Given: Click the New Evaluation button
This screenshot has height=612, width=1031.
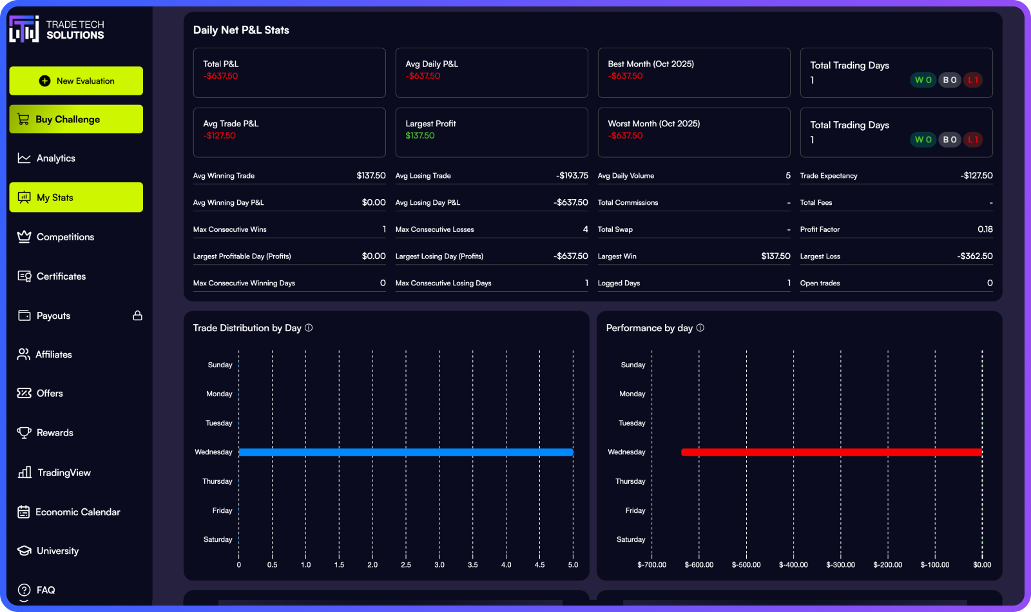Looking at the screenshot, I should (x=76, y=81).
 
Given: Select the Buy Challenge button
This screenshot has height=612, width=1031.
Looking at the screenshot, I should (x=76, y=119).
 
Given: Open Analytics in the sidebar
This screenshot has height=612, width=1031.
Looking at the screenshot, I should (x=55, y=158).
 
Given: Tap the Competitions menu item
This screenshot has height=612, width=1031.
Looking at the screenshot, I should (x=65, y=237).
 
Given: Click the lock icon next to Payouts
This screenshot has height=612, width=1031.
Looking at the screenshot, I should (x=137, y=316).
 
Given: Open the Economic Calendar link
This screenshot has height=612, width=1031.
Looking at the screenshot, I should (x=77, y=512).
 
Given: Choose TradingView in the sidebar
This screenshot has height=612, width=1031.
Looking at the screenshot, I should (x=64, y=473).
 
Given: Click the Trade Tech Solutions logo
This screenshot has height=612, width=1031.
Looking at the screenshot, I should (x=57, y=30).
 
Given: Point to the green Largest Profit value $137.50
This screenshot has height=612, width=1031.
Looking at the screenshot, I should (x=420, y=136).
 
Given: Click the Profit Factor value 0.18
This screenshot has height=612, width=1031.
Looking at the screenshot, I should (x=985, y=229).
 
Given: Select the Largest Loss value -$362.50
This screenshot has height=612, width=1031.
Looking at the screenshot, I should (x=974, y=256).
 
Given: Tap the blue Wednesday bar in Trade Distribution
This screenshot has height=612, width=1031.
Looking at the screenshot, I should (x=406, y=452).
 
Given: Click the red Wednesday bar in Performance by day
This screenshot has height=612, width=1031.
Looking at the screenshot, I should (x=831, y=452).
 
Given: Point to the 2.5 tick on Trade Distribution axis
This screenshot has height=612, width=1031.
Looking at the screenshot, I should (x=406, y=565).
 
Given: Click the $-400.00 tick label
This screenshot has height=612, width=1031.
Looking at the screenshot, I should (x=793, y=565).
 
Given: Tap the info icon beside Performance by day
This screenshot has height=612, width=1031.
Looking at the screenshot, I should (x=700, y=328).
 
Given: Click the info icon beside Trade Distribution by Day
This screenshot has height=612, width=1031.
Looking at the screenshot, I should (x=309, y=328).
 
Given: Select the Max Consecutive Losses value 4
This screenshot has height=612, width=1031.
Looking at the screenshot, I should (x=585, y=229).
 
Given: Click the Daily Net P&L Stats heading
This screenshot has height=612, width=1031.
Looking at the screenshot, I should (x=241, y=30).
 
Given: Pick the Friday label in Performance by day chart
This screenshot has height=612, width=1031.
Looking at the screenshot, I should (x=635, y=511).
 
